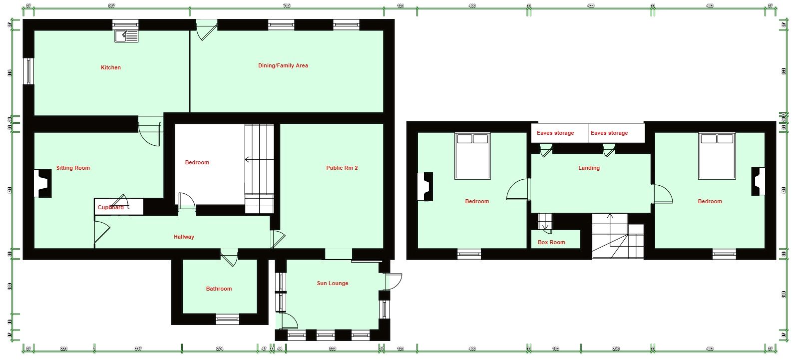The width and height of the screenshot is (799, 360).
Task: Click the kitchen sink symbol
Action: (126, 36)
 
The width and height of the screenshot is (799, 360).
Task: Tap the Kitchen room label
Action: (111, 67)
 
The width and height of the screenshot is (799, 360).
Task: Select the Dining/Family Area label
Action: (283, 65)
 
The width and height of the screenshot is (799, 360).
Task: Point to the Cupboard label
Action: (111, 207)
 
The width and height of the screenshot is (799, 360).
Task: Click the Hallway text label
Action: (184, 237)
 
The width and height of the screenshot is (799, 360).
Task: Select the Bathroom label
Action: (219, 289)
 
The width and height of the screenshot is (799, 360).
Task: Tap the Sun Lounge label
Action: (333, 283)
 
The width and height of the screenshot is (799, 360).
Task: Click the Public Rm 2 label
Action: (342, 168)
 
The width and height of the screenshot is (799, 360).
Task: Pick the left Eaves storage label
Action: (555, 133)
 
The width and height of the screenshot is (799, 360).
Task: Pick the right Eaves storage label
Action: (609, 133)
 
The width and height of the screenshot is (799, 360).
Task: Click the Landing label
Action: (589, 168)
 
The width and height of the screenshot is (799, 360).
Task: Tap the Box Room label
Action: (551, 242)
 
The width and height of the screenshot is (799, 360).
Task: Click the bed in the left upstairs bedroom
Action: (472, 155)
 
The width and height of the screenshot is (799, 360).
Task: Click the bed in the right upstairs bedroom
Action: (717, 155)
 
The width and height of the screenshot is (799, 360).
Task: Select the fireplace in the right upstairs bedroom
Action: (758, 181)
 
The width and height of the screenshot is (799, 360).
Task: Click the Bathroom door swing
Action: (229, 259)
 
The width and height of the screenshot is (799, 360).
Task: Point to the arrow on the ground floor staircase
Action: (247, 160)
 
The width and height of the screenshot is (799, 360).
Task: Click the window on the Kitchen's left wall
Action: (29, 71)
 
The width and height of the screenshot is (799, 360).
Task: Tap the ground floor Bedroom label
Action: (197, 162)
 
